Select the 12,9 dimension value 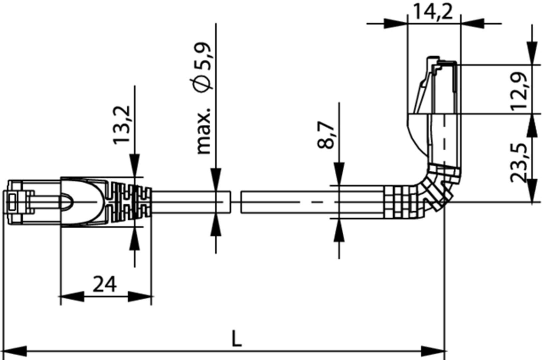coord(519,90)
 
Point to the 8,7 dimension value coord(325,135)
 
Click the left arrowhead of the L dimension coord(13,351)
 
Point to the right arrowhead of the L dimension coord(434,351)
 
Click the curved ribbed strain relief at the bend coord(436,186)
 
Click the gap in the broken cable coord(236,202)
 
